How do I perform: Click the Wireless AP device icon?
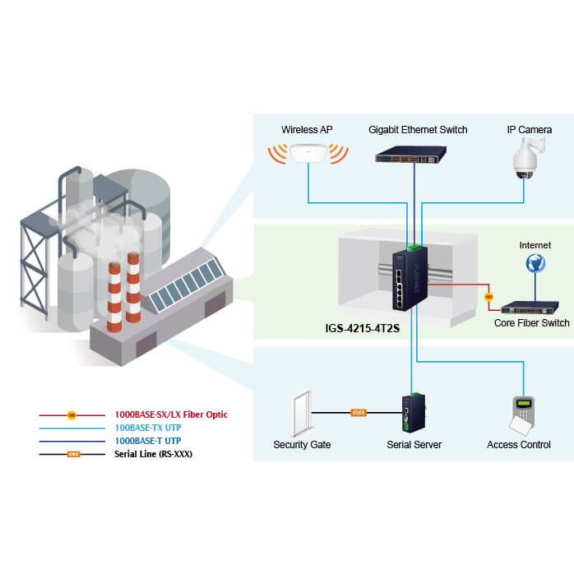pos(308,154)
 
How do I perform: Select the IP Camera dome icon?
pos(524,159)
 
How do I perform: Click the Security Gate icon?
pos(303,413)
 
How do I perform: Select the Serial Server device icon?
pos(411,413)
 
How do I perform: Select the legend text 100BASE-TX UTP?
pos(147,428)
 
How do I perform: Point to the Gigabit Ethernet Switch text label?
pos(418,129)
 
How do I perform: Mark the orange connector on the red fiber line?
pos(488,296)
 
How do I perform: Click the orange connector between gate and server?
pos(359,412)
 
